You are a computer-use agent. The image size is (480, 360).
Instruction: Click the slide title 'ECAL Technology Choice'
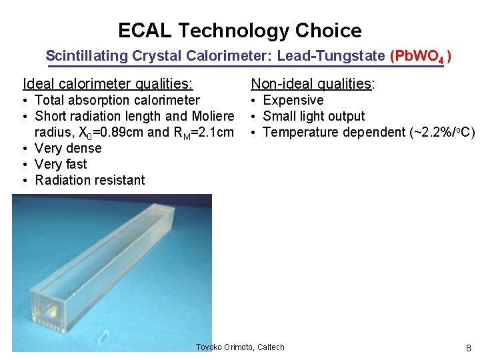click(240, 31)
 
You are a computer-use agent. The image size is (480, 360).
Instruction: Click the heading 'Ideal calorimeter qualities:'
click(108, 83)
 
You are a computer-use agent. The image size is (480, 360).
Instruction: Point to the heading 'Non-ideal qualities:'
click(313, 83)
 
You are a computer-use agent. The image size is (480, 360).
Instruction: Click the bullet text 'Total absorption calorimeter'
click(117, 100)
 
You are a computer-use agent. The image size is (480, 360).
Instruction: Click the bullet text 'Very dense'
click(68, 148)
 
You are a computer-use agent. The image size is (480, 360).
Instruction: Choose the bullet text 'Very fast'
click(61, 164)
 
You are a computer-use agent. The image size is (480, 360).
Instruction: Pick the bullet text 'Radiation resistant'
click(89, 180)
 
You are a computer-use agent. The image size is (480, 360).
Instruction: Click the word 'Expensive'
click(293, 100)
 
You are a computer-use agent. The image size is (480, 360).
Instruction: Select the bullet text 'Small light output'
click(314, 116)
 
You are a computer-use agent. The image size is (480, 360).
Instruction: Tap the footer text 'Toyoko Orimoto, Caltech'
click(240, 347)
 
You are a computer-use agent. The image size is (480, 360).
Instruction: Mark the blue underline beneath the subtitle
click(245, 66)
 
